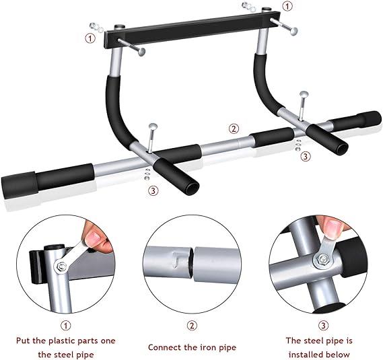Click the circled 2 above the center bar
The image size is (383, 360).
point(234,129)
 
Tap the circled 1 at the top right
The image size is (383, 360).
point(287,6)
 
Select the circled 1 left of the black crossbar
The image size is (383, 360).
point(90,38)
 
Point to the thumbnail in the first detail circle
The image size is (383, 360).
point(94,236)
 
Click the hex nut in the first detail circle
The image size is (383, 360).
point(61,266)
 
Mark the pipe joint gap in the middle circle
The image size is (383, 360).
point(191,263)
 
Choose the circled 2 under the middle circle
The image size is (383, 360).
point(192,325)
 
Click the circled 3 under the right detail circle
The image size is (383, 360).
point(323,325)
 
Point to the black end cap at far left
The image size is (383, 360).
point(20,184)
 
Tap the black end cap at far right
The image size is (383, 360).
point(370,119)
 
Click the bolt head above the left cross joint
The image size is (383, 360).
point(153,127)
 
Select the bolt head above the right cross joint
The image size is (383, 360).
point(304,94)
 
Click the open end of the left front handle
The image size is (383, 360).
point(192,188)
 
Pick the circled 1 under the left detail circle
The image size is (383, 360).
point(66,325)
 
